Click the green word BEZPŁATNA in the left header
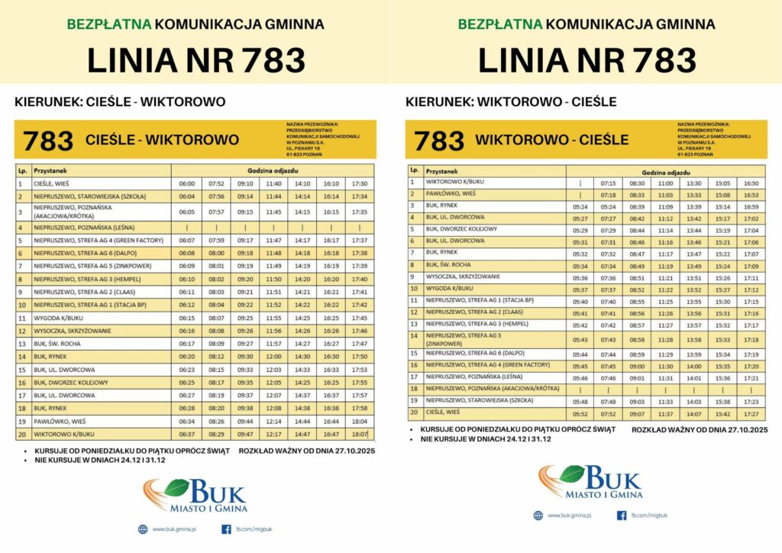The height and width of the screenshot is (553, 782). (x=109, y=24)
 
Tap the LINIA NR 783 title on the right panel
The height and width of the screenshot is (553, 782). (x=586, y=60)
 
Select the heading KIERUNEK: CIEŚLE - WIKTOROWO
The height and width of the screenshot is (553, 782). (x=120, y=102)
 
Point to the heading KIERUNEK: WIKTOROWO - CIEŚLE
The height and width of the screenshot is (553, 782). (x=511, y=102)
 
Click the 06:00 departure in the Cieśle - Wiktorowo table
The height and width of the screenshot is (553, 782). (x=186, y=184)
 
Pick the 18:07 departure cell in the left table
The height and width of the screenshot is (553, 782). (x=360, y=435)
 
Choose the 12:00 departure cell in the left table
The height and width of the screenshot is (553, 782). (x=273, y=357)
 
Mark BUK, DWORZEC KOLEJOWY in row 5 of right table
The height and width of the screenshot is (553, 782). (x=461, y=229)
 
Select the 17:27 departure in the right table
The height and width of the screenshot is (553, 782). (x=751, y=413)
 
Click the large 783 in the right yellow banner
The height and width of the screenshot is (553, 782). (x=439, y=141)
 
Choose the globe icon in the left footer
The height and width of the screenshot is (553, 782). (x=143, y=529)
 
